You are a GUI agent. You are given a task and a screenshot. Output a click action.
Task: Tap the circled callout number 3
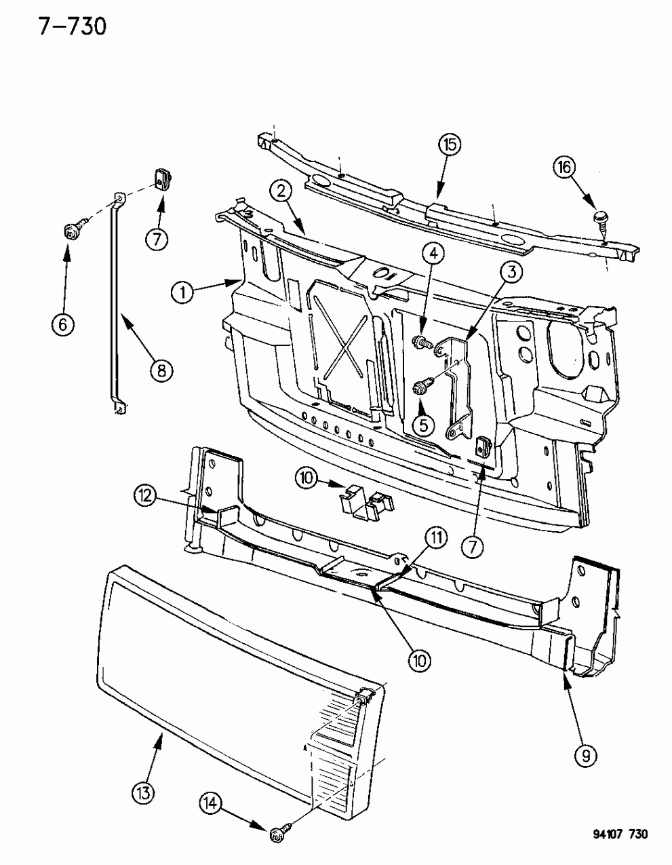[x=511, y=273]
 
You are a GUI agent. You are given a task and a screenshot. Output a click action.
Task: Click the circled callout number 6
[x=62, y=324]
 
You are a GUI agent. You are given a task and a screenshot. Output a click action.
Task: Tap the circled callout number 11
[x=435, y=538]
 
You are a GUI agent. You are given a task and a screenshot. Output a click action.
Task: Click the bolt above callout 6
[x=74, y=227]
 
